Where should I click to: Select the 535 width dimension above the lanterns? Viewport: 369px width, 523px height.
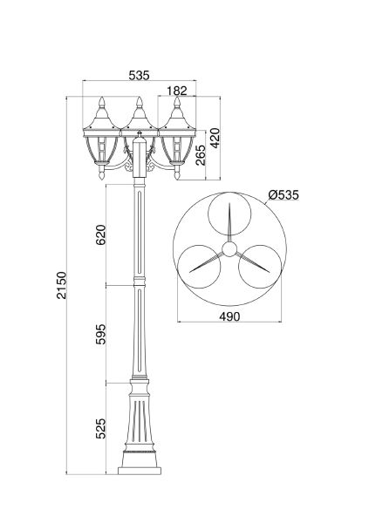(138, 75)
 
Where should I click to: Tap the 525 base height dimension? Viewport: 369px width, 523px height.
(100, 428)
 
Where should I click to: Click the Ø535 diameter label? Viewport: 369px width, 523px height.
(284, 194)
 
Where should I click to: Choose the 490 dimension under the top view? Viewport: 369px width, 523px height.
(228, 316)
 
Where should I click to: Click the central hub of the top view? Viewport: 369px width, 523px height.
(228, 250)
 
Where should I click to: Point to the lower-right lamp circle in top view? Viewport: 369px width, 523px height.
(256, 267)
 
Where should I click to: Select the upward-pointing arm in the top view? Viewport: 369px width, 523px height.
(228, 225)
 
